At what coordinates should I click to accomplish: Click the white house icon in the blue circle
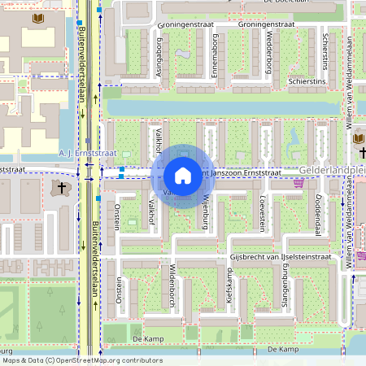pos(182,176)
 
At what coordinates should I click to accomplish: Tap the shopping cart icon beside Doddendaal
pos(298,183)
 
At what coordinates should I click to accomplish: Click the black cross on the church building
pos(60,188)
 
